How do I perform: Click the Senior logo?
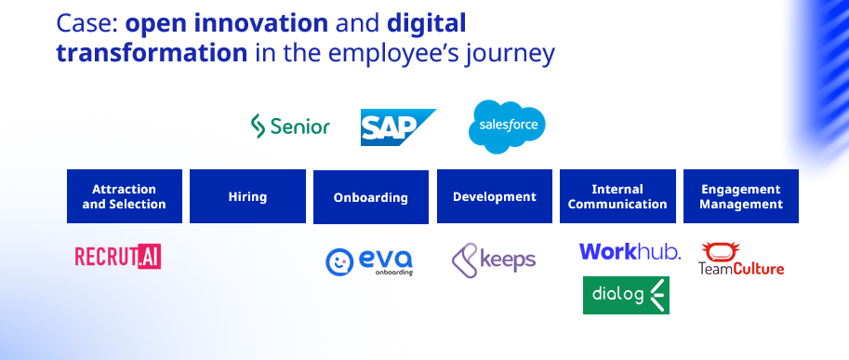(x=290, y=126)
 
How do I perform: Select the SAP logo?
(x=398, y=127)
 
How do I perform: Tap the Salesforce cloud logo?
(x=507, y=127)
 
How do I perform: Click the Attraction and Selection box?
(x=125, y=196)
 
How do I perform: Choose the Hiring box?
(x=247, y=196)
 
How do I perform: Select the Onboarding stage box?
(x=371, y=197)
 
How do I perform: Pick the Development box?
(x=494, y=196)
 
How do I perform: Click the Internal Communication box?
(x=617, y=196)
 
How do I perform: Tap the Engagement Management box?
(x=741, y=196)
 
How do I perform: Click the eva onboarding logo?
(x=369, y=260)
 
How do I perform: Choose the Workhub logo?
(x=630, y=251)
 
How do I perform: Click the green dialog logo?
(x=626, y=295)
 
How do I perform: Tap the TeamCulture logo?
(x=741, y=260)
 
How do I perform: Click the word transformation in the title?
(x=150, y=53)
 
